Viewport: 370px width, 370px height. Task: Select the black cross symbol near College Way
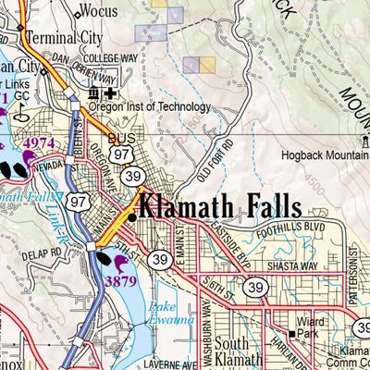click(x=112, y=93)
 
